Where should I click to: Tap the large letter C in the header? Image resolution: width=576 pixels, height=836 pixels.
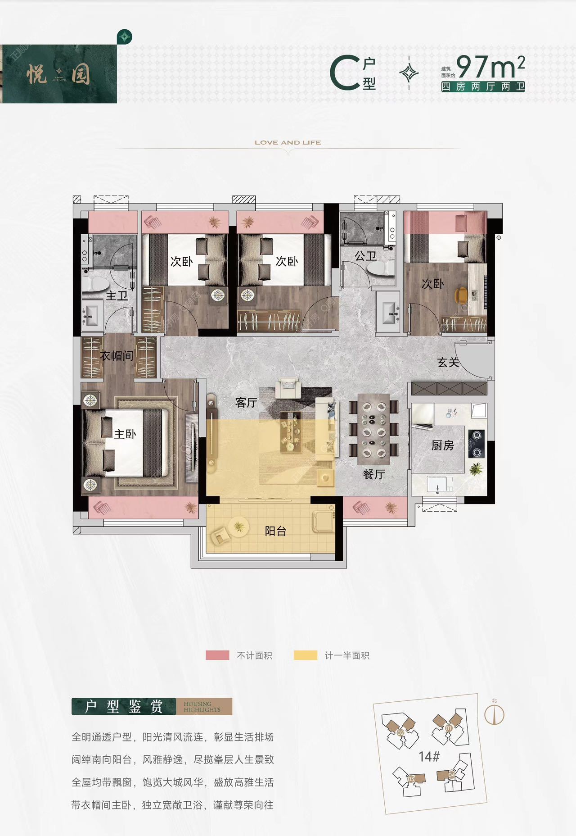click(345, 73)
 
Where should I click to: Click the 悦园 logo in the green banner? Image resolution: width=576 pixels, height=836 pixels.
click(58, 74)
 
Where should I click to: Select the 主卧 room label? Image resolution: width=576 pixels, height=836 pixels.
click(125, 434)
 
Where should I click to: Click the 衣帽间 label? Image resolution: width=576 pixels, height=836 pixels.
click(117, 356)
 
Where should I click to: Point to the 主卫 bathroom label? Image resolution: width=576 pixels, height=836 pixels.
click(117, 296)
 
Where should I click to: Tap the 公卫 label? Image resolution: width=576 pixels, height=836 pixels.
click(365, 256)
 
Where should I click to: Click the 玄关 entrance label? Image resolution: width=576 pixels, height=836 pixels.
click(448, 362)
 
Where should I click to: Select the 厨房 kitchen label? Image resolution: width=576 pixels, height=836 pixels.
click(442, 445)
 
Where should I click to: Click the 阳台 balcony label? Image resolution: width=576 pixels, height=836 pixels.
click(275, 531)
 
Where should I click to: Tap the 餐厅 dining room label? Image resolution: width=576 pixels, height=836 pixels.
click(373, 474)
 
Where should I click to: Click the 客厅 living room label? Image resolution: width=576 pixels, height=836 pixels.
click(246, 403)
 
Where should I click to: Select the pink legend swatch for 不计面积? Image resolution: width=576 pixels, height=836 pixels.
click(217, 655)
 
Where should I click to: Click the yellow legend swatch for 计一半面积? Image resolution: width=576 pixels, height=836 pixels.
click(305, 655)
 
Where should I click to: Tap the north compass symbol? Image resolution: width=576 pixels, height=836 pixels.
click(494, 714)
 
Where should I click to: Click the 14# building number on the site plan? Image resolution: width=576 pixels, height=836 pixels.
click(429, 757)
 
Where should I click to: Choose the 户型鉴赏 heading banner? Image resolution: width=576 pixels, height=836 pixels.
click(124, 706)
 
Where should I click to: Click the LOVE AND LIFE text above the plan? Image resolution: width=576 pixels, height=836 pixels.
click(288, 142)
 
